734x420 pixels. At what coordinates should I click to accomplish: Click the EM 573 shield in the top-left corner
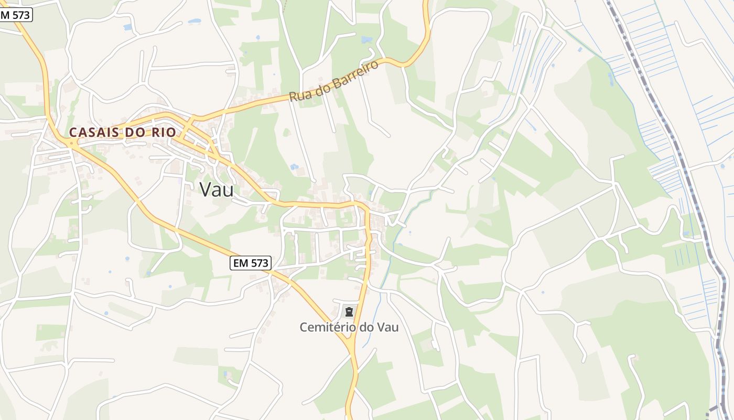[x=16, y=15]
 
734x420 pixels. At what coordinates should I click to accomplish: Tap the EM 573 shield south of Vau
[x=250, y=264]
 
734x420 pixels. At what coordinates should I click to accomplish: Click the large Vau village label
[x=217, y=190]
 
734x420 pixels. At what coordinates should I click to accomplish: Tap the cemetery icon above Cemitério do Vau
[x=349, y=312]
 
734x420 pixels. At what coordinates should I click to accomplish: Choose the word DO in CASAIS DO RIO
[x=135, y=132]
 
